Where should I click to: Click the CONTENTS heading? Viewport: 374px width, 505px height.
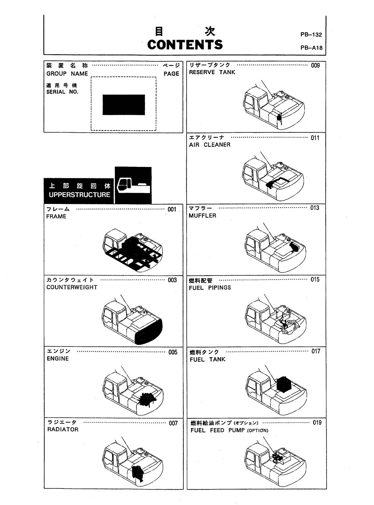[x=185, y=45]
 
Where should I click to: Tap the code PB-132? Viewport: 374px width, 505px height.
[x=311, y=35]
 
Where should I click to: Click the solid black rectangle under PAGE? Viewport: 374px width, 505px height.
[x=124, y=105]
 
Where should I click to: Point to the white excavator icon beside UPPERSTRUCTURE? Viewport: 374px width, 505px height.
[x=133, y=185]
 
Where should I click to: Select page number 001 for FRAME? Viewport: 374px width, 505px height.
[x=172, y=209]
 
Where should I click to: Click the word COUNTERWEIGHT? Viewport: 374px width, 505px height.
[x=72, y=287]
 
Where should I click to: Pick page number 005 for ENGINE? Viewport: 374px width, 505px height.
[x=173, y=352]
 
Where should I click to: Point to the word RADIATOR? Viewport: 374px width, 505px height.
[x=63, y=429]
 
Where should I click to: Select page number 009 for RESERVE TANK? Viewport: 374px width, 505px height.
[x=315, y=65]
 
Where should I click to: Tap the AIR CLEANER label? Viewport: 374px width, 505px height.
[x=210, y=145]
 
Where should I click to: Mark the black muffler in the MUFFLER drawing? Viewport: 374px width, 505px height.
[x=293, y=247]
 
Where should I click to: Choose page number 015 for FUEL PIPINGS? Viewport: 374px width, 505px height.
[x=315, y=280]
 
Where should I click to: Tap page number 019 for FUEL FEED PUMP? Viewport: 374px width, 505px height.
[x=317, y=423]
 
